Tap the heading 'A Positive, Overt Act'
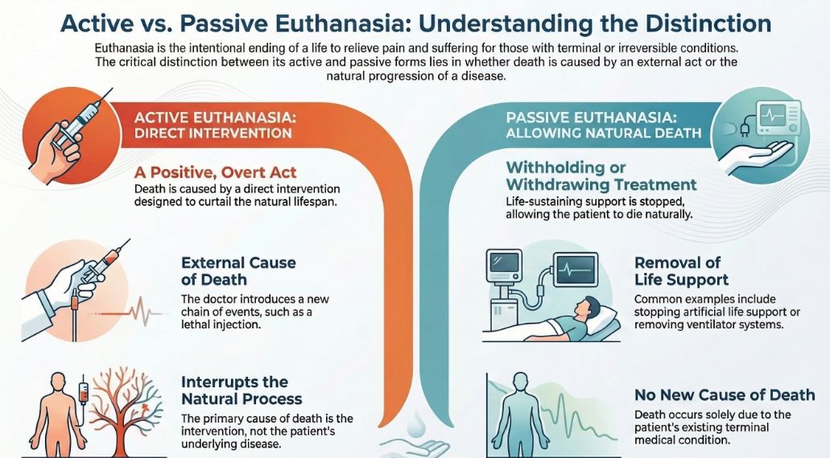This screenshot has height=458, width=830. point(215,172)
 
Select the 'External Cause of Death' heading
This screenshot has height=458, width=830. point(238,271)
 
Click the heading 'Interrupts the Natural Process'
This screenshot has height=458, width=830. point(242,390)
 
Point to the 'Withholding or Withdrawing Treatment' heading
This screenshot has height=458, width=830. point(601,176)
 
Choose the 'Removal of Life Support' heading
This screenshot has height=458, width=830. point(681,271)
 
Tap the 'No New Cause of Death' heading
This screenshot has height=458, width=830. point(725,395)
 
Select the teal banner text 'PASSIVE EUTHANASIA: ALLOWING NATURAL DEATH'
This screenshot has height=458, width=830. point(604,125)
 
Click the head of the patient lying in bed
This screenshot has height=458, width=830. point(588,307)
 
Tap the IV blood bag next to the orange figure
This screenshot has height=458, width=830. point(83,394)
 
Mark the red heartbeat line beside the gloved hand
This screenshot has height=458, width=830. point(135,311)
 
